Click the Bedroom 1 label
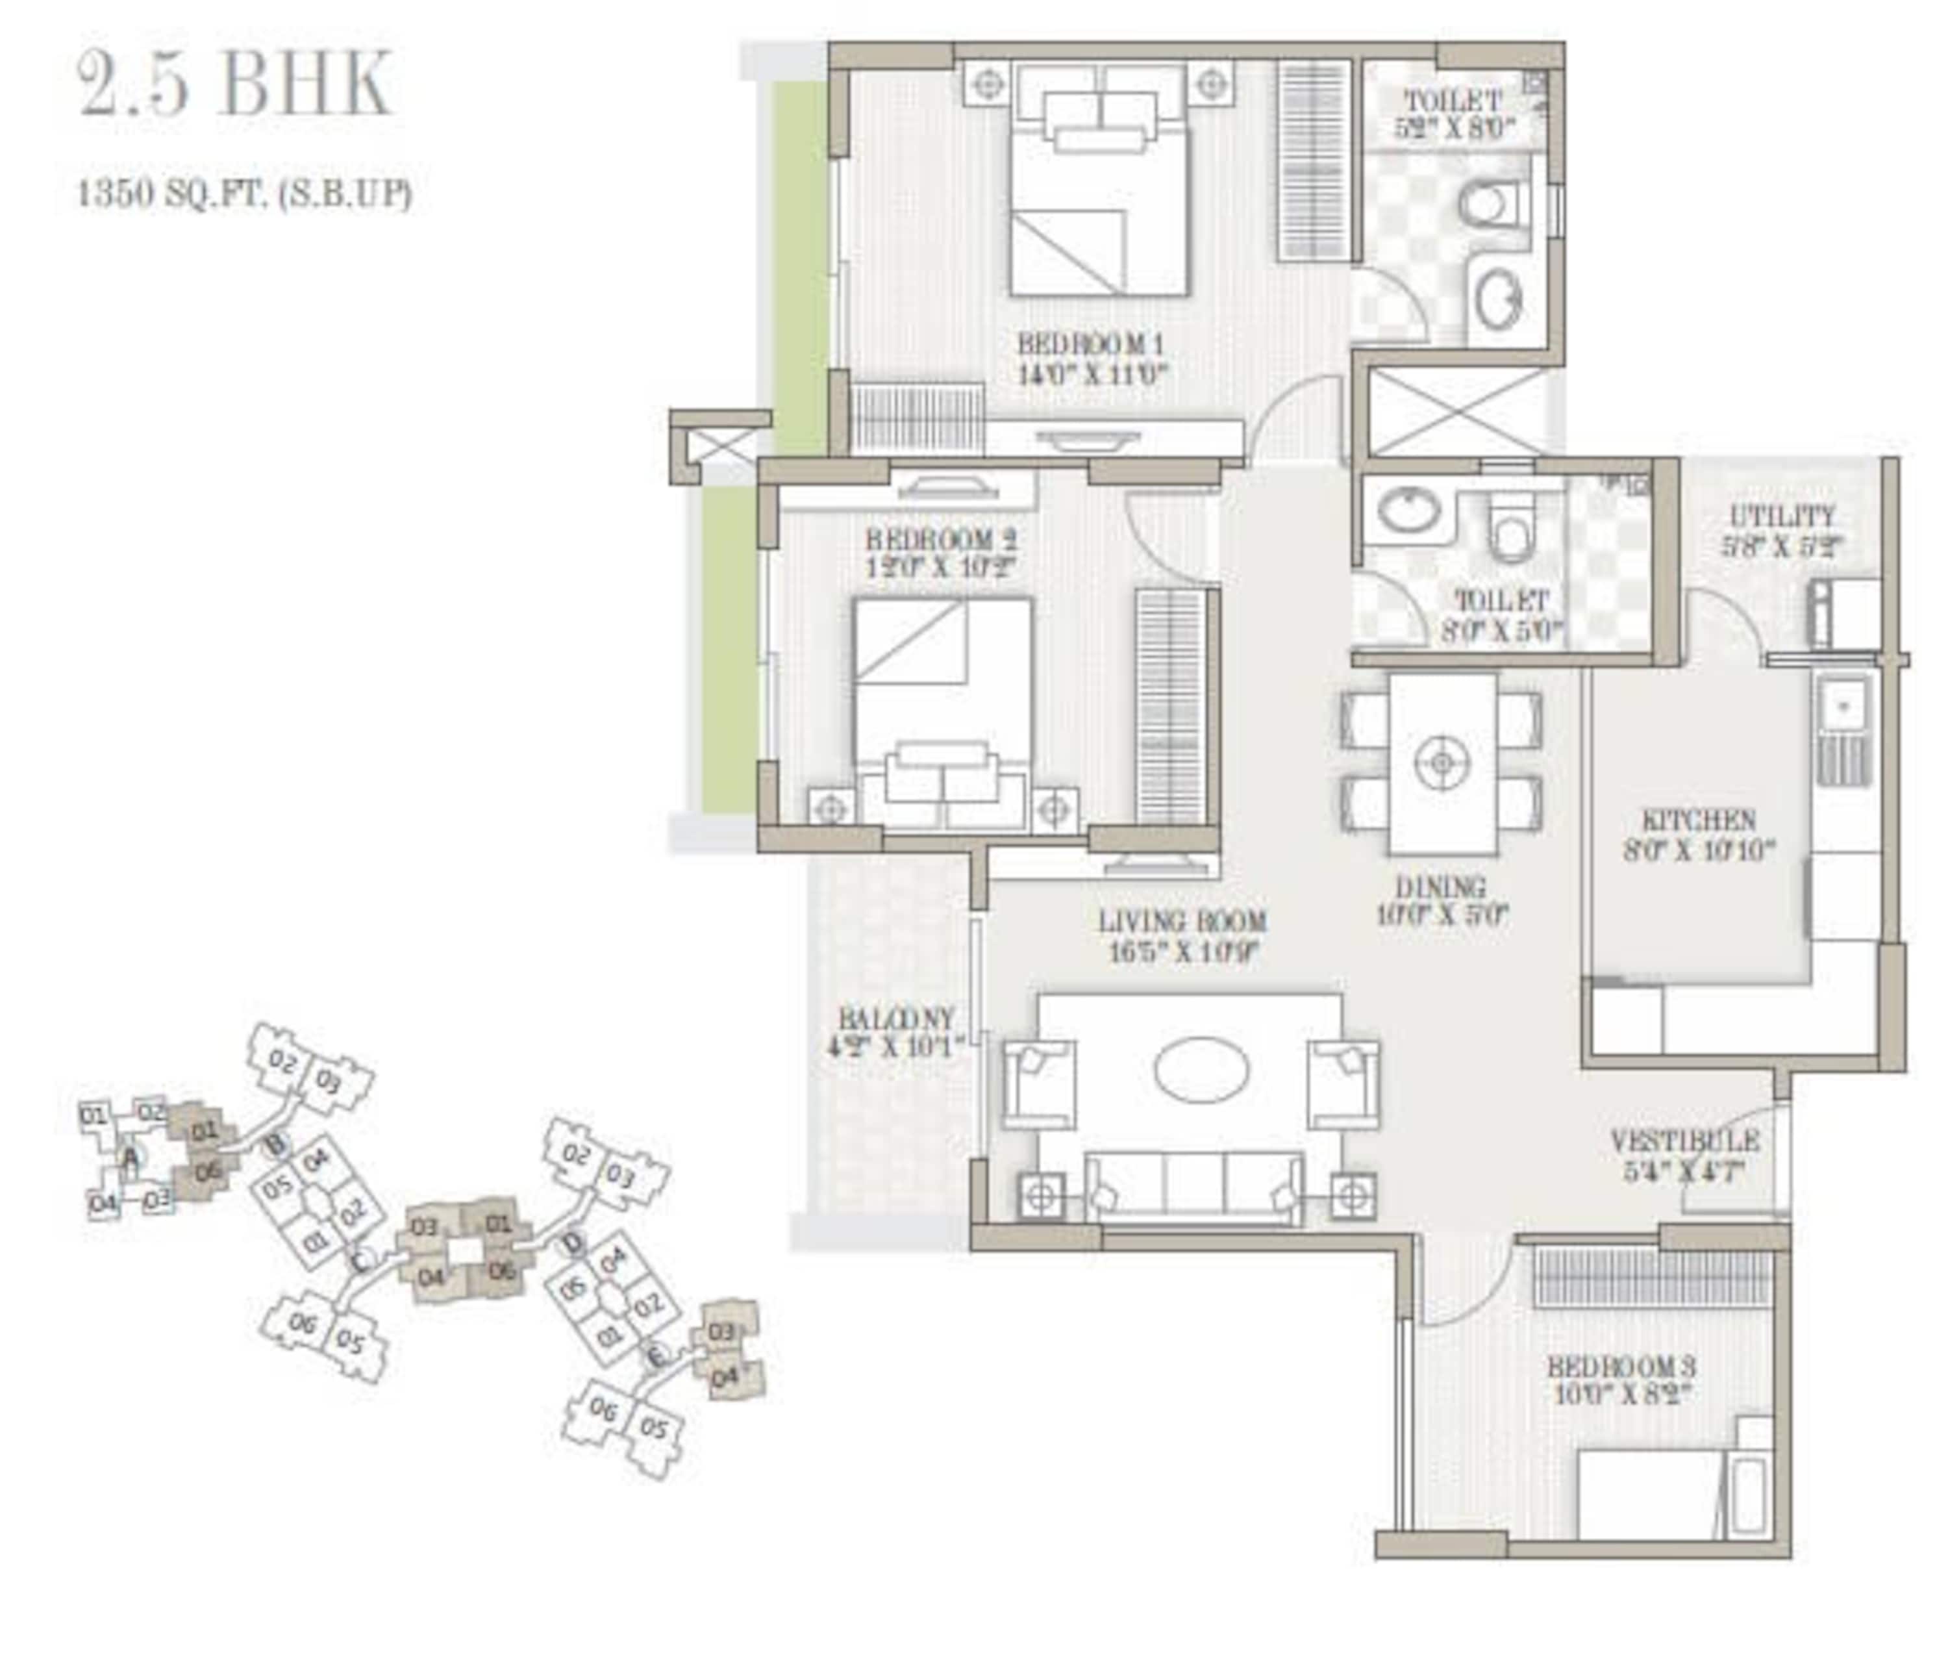[x=1091, y=343]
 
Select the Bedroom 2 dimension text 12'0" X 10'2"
[x=941, y=567]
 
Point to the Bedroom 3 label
[x=1622, y=1365]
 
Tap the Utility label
[x=1782, y=516]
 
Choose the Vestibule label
[x=1685, y=1141]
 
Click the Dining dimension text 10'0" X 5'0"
[x=1442, y=915]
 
